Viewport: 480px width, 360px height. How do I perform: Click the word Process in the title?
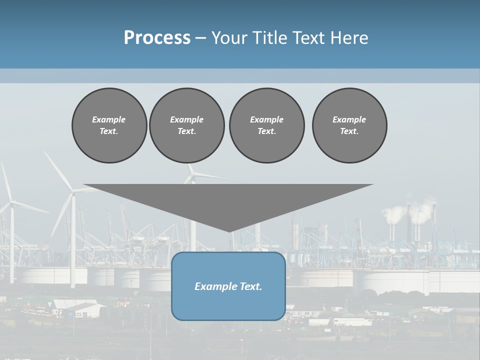[157, 38]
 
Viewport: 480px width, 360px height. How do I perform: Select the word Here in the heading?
[348, 38]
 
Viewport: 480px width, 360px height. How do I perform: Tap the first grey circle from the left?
[109, 125]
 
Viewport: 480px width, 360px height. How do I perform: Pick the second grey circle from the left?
[186, 125]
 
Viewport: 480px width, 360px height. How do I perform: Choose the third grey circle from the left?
[266, 125]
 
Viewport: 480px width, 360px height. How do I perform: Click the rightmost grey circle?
[349, 125]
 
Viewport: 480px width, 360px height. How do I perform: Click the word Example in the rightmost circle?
[349, 119]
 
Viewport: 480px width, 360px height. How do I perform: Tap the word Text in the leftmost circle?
[109, 131]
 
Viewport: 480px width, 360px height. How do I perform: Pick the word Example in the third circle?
[266, 119]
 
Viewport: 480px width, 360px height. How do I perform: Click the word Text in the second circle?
[186, 131]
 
